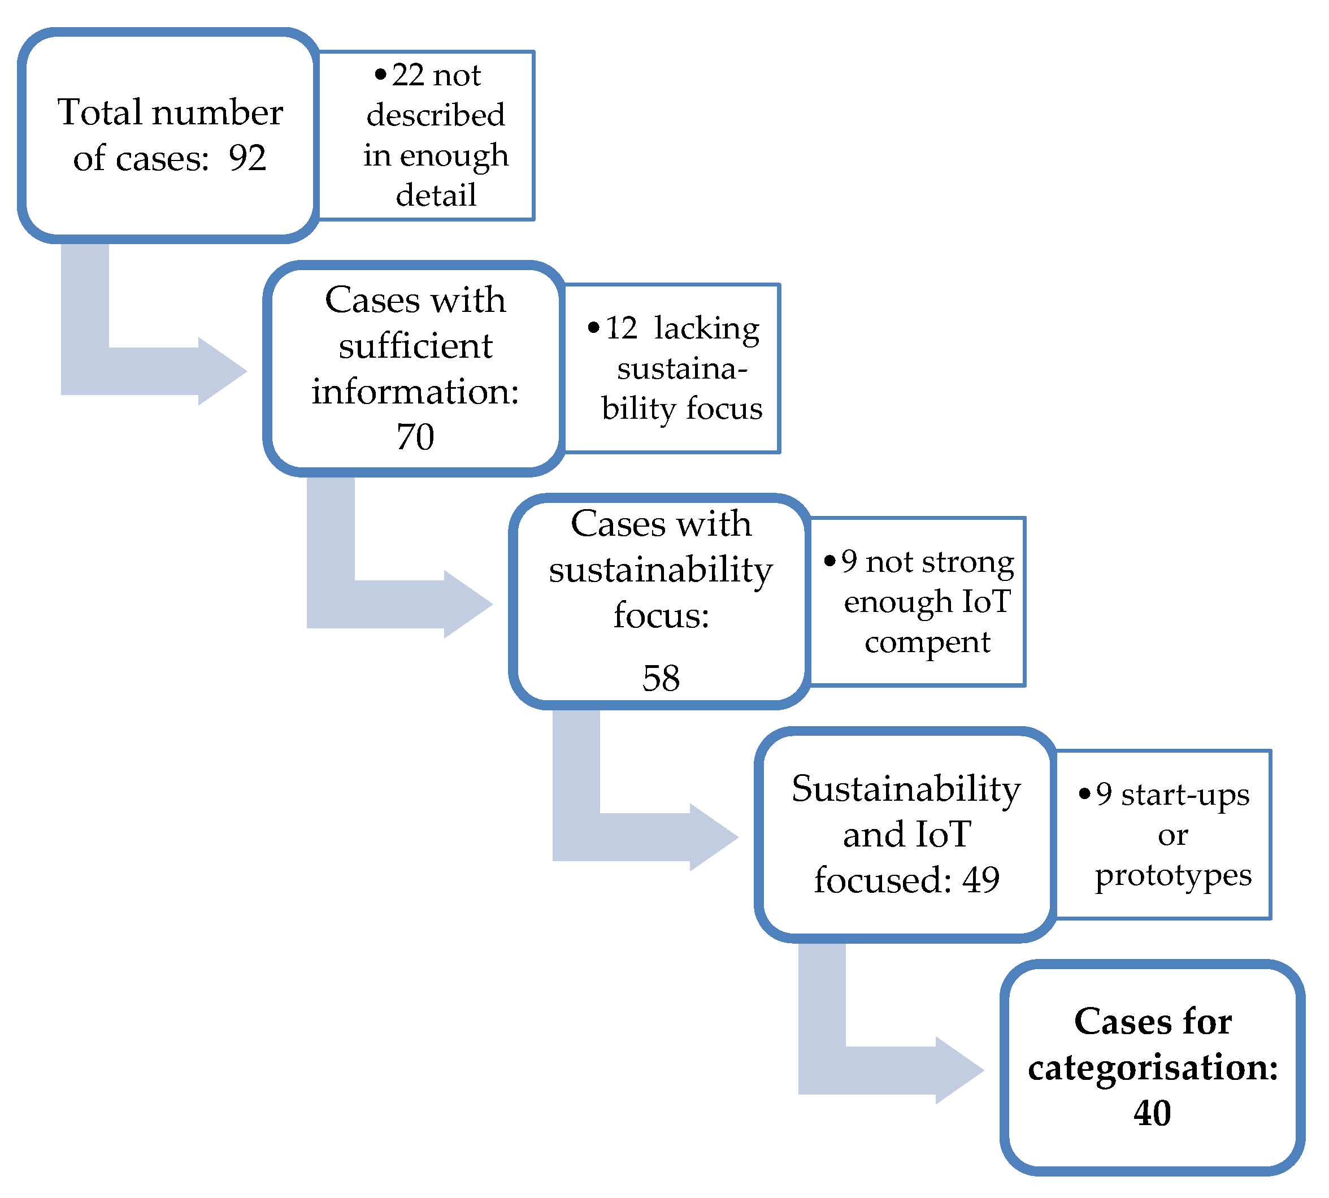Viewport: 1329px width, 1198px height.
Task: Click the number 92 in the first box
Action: (247, 159)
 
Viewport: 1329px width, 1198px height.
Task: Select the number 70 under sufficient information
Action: (415, 437)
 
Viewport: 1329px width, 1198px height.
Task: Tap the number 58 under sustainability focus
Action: (661, 678)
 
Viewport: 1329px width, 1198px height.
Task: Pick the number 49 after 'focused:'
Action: (981, 880)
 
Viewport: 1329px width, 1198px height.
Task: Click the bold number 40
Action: (1152, 1113)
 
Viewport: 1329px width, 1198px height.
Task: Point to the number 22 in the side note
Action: (408, 76)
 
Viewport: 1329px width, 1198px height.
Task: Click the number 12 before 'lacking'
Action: (622, 328)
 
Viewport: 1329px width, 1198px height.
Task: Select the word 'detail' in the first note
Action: (436, 196)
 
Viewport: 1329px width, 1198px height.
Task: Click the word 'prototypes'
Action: (1173, 876)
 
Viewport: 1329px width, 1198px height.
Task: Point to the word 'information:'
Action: (415, 392)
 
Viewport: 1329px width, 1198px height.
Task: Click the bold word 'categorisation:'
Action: (1153, 1067)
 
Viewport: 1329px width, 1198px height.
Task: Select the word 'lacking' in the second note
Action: (706, 328)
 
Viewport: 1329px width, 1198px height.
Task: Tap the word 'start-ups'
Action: (1185, 795)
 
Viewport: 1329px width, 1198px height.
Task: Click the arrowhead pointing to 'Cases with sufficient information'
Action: (223, 371)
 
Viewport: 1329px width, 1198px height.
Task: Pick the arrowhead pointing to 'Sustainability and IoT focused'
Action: (714, 837)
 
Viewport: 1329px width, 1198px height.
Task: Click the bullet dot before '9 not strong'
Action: (829, 561)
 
